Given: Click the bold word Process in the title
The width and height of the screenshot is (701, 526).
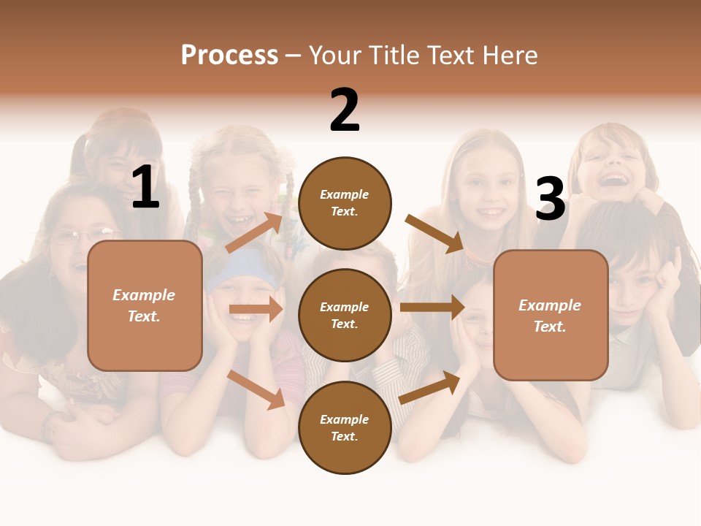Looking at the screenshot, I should [x=229, y=56].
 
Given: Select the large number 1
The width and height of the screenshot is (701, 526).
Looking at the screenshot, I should [x=145, y=188].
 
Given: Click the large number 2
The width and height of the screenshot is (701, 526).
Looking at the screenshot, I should [x=345, y=110].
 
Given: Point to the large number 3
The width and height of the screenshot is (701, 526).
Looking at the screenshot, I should [x=550, y=199].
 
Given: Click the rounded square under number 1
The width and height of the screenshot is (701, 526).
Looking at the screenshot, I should [x=145, y=305].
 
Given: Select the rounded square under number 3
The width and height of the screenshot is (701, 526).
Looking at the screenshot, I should [x=551, y=315].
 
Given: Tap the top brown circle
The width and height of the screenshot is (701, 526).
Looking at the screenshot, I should [x=345, y=202].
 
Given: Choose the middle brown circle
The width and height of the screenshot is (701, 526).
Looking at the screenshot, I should [x=345, y=315].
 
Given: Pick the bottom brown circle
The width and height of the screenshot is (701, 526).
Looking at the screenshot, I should [x=345, y=427].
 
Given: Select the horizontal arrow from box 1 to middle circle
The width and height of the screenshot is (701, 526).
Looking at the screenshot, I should [x=256, y=310].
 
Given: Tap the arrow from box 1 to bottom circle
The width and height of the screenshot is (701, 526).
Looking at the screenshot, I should [x=256, y=389].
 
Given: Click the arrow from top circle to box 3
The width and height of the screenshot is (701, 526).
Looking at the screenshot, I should [x=434, y=234].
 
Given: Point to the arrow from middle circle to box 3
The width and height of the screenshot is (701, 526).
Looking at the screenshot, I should [x=432, y=308].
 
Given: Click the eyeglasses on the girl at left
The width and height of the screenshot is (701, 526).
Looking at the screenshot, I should [x=84, y=236].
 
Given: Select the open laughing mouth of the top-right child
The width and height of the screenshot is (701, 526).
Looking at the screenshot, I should [x=616, y=178].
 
